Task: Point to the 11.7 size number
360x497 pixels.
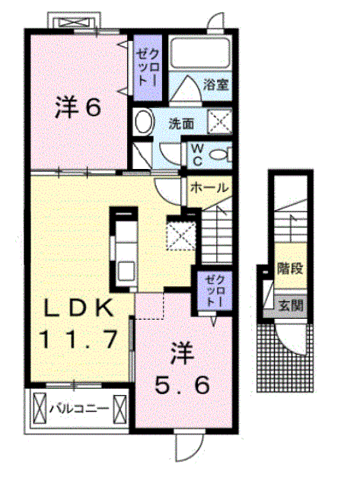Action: [80, 339]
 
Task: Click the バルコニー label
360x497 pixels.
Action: [78, 409]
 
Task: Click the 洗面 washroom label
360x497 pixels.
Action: [181, 123]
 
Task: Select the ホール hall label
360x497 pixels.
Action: [205, 186]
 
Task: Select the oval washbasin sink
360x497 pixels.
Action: [144, 121]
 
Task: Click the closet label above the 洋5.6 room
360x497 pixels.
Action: [211, 292]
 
